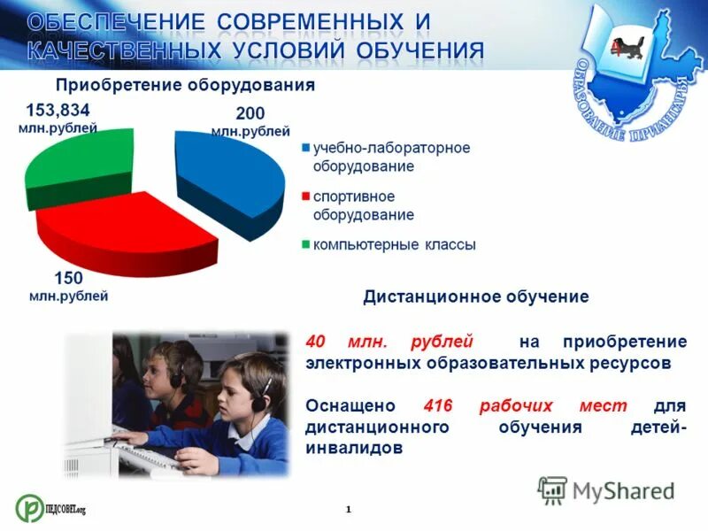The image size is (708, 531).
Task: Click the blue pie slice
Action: pyautogui.click(x=232, y=177)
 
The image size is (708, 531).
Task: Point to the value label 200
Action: pyautogui.click(x=250, y=114)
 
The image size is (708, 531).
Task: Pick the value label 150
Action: pyautogui.click(x=68, y=278)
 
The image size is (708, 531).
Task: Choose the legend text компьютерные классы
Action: pyautogui.click(x=394, y=244)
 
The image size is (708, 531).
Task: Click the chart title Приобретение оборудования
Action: pyautogui.click(x=186, y=85)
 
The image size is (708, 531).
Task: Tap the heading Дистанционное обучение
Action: pyautogui.click(x=475, y=296)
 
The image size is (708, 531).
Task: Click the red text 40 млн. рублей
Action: pyautogui.click(x=389, y=342)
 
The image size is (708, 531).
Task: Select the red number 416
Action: pyautogui.click(x=438, y=405)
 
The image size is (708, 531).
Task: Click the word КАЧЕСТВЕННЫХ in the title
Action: pyautogui.click(x=120, y=50)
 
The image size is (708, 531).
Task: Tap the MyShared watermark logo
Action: pyautogui.click(x=606, y=490)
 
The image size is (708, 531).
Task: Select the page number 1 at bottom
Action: pyautogui.click(x=349, y=509)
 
